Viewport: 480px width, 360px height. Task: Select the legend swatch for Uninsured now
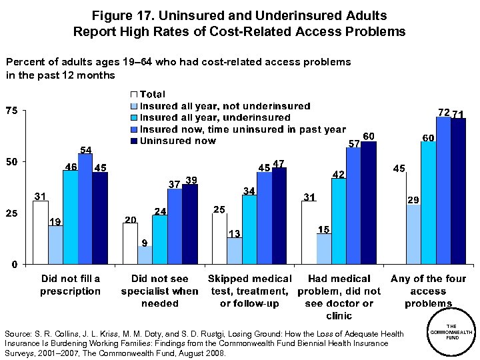(133, 141)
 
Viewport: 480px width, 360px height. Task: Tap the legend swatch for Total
(133, 95)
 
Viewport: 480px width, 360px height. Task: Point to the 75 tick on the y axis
(11, 111)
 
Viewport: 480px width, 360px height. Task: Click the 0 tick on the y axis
(15, 265)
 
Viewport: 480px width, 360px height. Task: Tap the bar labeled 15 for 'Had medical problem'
(323, 249)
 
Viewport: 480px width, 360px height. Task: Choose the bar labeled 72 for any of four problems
(443, 190)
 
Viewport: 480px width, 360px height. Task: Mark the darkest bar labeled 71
(458, 191)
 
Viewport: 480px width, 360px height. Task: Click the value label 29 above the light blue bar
(413, 199)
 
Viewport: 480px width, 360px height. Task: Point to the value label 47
(279, 163)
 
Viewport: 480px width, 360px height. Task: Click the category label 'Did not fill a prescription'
(71, 285)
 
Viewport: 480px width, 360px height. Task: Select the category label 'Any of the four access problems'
(428, 291)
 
